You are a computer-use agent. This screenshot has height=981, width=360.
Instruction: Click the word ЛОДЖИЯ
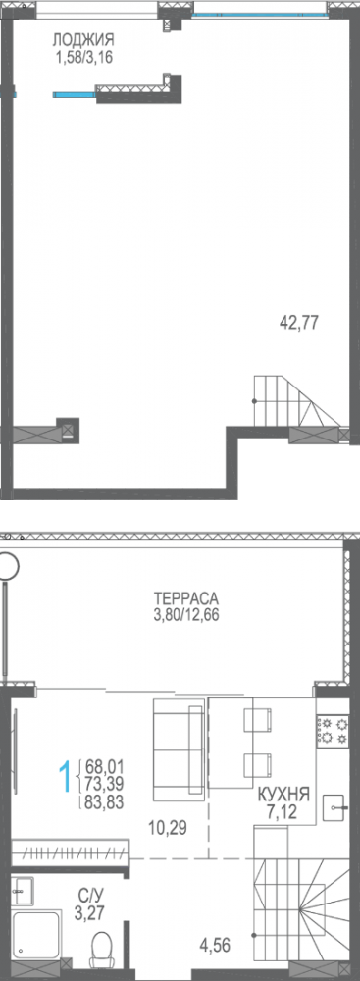pos(83,40)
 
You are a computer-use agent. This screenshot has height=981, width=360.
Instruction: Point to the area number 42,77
pos(299,321)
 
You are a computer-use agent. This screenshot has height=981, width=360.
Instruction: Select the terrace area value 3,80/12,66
pos(184,616)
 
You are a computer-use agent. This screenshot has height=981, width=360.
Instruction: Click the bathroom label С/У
pos(85,894)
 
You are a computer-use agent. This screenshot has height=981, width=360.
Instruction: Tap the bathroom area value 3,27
pos(85,910)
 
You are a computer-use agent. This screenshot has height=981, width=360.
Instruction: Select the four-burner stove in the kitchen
pos(331,729)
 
